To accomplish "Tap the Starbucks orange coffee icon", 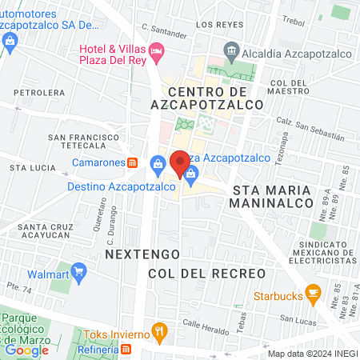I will tap(313, 296).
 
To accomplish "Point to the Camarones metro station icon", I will tap(134, 162).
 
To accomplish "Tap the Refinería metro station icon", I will tap(126, 350).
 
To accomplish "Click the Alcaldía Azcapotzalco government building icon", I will tap(231, 50).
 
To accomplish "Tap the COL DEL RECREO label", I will tap(206, 274).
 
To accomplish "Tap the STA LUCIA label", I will tap(33, 168).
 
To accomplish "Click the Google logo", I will tap(26, 350).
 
